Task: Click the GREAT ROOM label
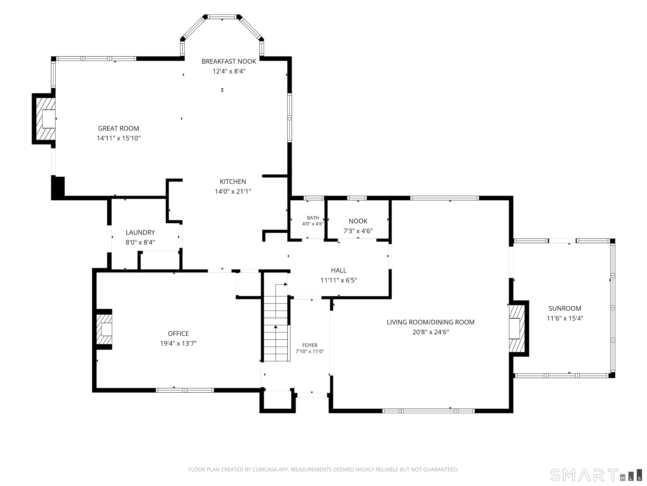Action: pyautogui.click(x=118, y=128)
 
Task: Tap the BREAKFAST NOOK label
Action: pyautogui.click(x=229, y=61)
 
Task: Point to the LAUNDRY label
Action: pyautogui.click(x=140, y=232)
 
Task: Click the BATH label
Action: pyautogui.click(x=313, y=218)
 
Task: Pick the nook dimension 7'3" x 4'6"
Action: pyautogui.click(x=358, y=231)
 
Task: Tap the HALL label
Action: pyautogui.click(x=339, y=270)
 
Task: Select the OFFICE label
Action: pyautogui.click(x=178, y=333)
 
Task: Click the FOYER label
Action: pyautogui.click(x=310, y=345)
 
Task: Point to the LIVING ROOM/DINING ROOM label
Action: pyautogui.click(x=430, y=322)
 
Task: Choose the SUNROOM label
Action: pyautogui.click(x=565, y=308)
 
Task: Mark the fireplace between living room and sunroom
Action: pyautogui.click(x=518, y=329)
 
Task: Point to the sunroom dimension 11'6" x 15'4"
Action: pyautogui.click(x=565, y=318)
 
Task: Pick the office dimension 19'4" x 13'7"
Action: pyautogui.click(x=178, y=343)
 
